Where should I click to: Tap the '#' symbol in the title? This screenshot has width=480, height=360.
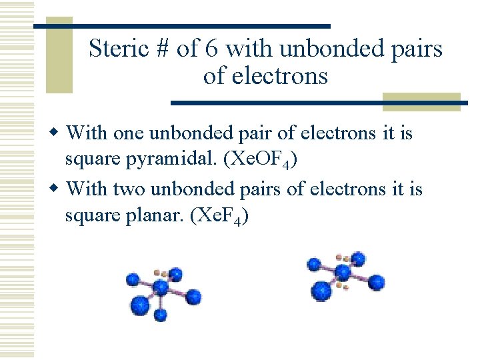(x=162, y=49)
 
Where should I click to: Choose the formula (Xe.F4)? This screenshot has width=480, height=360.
(x=219, y=218)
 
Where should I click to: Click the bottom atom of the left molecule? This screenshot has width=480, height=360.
(x=141, y=306)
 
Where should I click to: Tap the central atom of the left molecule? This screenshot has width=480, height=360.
(x=161, y=288)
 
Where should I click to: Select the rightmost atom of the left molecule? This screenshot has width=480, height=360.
(x=193, y=296)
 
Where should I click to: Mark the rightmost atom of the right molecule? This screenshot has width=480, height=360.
(x=377, y=281)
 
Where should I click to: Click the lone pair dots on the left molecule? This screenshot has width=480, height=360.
(x=160, y=273)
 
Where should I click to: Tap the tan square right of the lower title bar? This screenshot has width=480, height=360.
(x=421, y=101)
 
